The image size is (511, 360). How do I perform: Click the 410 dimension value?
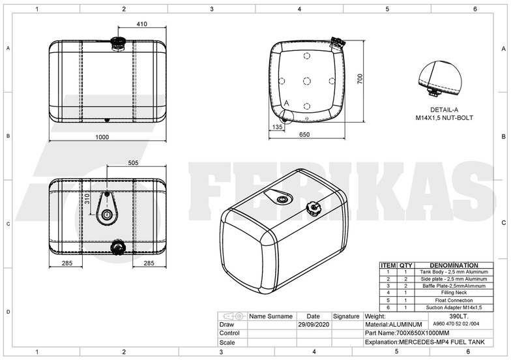(x=141, y=24)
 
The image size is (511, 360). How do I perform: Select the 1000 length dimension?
(x=102, y=137)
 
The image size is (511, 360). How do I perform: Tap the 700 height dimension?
(x=359, y=78)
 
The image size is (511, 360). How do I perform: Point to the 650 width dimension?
(x=304, y=135)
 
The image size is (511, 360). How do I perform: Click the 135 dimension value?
(x=278, y=128)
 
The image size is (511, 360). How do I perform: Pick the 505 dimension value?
(x=133, y=163)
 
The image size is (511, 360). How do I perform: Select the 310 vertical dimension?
(x=87, y=198)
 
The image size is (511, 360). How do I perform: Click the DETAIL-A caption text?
(x=444, y=110)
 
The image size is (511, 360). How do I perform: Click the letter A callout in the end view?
(x=287, y=103)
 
